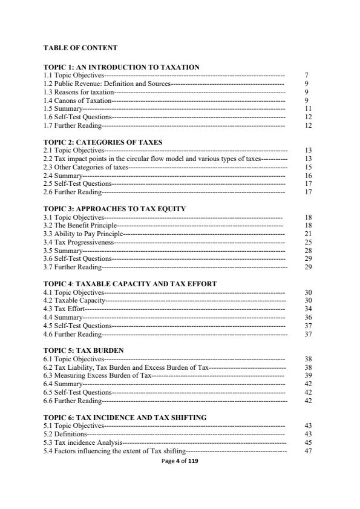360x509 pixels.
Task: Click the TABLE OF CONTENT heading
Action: (80, 47)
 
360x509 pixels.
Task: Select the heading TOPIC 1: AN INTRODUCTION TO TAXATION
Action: (122, 67)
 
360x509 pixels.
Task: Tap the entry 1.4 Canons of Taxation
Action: (77, 100)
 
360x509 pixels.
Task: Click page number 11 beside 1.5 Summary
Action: (307, 108)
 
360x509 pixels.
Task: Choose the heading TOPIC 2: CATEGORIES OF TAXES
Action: (103, 142)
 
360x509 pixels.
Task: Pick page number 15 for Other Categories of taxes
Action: (308, 166)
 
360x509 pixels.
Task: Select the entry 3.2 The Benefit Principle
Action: (80, 225)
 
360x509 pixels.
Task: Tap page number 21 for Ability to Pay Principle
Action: (308, 234)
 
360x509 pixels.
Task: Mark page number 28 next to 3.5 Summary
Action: (308, 250)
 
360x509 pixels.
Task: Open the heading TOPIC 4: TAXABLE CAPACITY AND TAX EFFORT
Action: (130, 284)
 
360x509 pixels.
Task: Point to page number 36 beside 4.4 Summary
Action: (308, 317)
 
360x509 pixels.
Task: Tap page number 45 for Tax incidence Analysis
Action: (308, 442)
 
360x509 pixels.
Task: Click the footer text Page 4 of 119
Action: (180, 461)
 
